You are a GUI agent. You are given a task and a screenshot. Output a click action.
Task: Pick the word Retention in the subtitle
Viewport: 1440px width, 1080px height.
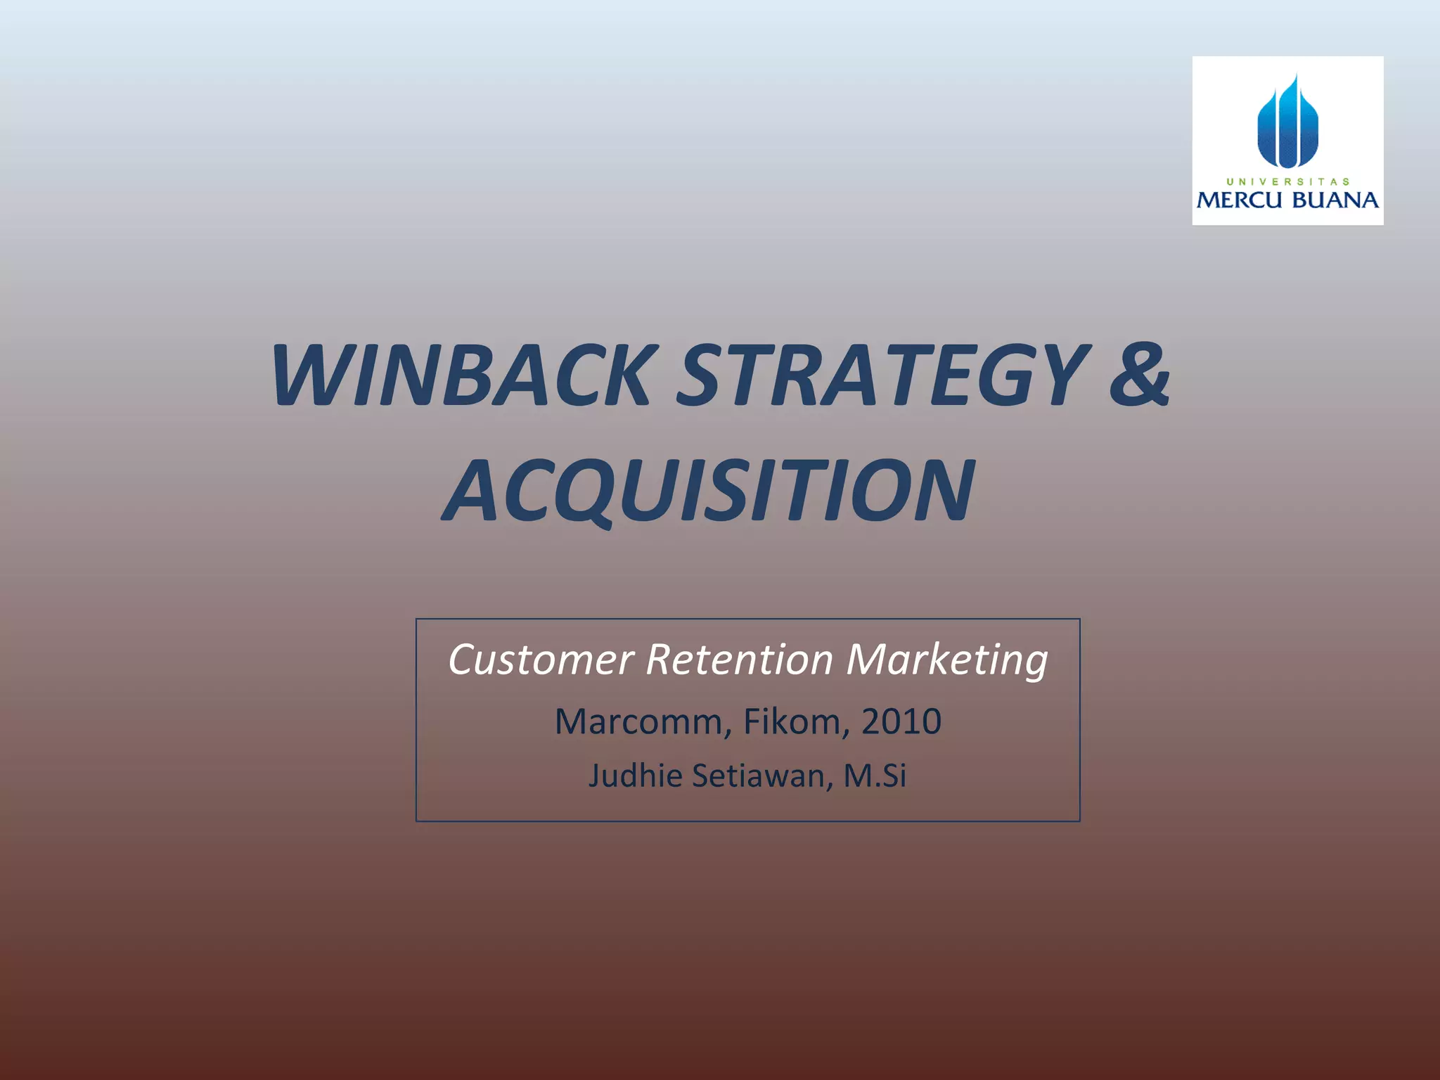point(739,660)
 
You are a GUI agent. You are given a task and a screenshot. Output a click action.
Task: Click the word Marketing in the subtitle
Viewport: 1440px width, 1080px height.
point(946,662)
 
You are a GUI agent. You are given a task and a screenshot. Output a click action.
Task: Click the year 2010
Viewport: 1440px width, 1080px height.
point(901,722)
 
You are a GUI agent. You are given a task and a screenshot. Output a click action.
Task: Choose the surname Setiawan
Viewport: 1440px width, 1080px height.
point(762,776)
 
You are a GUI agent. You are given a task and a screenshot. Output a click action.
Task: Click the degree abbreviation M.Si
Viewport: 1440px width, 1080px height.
point(875,776)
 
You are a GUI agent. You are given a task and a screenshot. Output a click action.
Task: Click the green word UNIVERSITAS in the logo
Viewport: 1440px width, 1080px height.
point(1287,181)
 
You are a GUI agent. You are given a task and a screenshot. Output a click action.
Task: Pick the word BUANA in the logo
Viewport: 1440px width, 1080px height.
point(1335,201)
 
